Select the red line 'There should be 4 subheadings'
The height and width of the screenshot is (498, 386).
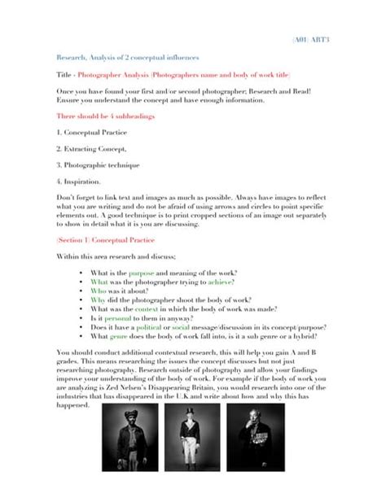coord(105,116)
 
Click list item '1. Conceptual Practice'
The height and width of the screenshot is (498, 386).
coord(93,131)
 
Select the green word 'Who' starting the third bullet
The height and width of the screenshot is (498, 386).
coord(99,290)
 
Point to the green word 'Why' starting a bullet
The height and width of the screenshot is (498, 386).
coord(99,300)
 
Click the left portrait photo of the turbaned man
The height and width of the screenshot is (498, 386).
coord(131,437)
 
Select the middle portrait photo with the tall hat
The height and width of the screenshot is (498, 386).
coord(193,437)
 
